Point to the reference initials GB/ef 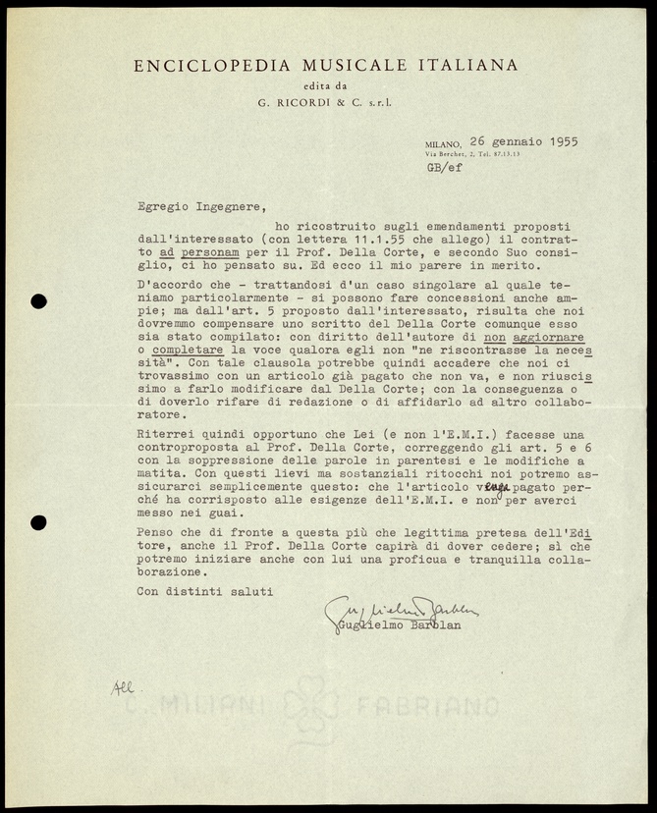click(x=444, y=167)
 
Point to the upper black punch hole click(x=38, y=301)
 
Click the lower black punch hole click(x=38, y=522)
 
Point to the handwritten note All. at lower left click(x=122, y=688)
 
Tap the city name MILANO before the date click(x=443, y=143)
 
